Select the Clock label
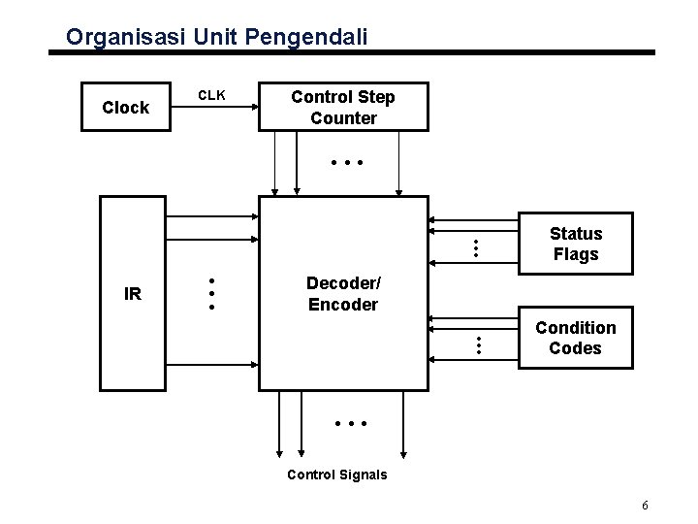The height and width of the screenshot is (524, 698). [x=126, y=108]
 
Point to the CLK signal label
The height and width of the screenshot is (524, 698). [x=212, y=95]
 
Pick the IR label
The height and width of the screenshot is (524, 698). [x=133, y=293]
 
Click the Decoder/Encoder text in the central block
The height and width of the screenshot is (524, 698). [x=343, y=293]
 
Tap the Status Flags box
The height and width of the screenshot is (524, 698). [x=575, y=245]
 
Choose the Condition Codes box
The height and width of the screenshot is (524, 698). [x=575, y=338]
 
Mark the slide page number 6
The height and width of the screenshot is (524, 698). [x=645, y=506]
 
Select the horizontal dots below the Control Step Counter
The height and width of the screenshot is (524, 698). [x=346, y=163]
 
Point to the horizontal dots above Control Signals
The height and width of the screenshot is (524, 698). [x=346, y=424]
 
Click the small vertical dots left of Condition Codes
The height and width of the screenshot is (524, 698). [x=476, y=343]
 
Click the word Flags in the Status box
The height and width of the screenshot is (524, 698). [x=576, y=254]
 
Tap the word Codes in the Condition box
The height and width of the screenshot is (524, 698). [x=575, y=348]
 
